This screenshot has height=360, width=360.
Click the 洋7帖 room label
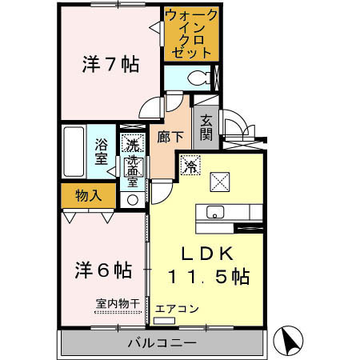point(110,65)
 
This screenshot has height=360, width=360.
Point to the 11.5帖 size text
point(208,277)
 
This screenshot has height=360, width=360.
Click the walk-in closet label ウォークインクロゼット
point(190,34)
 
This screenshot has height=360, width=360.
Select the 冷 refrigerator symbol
point(190,166)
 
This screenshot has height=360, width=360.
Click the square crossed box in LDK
point(220,182)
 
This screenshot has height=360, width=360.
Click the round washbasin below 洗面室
point(132,200)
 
